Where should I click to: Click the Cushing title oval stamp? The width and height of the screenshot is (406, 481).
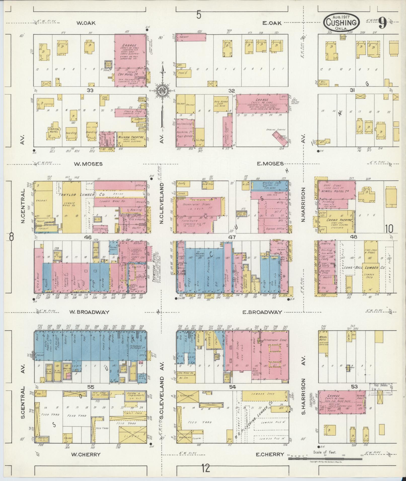pyautogui.click(x=341, y=22)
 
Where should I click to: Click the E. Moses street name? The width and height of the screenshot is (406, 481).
pyautogui.click(x=270, y=164)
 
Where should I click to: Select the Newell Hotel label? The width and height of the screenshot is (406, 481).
pyautogui.click(x=336, y=190)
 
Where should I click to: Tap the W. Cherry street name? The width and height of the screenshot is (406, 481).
pyautogui.click(x=86, y=454)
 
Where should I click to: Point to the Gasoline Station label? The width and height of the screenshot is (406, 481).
pyautogui.click(x=276, y=130)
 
